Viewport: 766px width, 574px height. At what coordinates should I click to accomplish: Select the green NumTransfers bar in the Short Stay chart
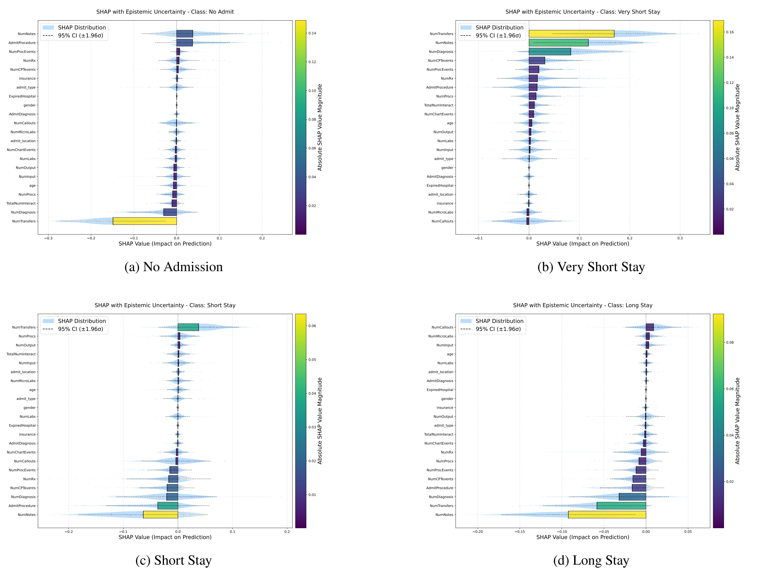click(188, 327)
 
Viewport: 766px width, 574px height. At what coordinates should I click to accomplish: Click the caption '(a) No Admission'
click(174, 267)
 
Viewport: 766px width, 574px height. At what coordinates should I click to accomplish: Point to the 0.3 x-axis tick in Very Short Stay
click(680, 238)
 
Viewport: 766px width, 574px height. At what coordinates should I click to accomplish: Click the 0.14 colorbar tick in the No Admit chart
click(312, 34)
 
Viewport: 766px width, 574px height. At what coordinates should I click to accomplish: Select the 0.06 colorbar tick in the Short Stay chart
click(312, 326)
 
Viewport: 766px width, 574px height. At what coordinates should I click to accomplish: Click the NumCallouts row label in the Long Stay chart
click(442, 327)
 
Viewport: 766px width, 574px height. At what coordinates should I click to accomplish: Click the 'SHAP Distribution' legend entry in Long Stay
click(499, 321)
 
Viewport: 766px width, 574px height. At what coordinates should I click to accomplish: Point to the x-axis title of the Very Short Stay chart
click(582, 244)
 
